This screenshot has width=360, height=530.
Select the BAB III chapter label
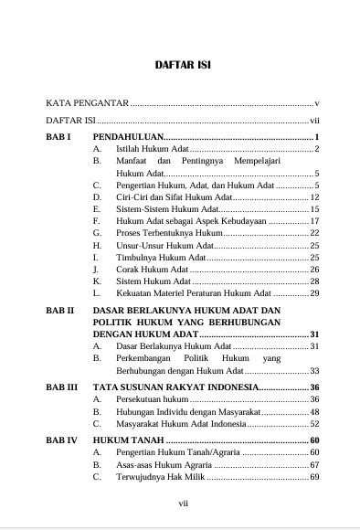point(61,387)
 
